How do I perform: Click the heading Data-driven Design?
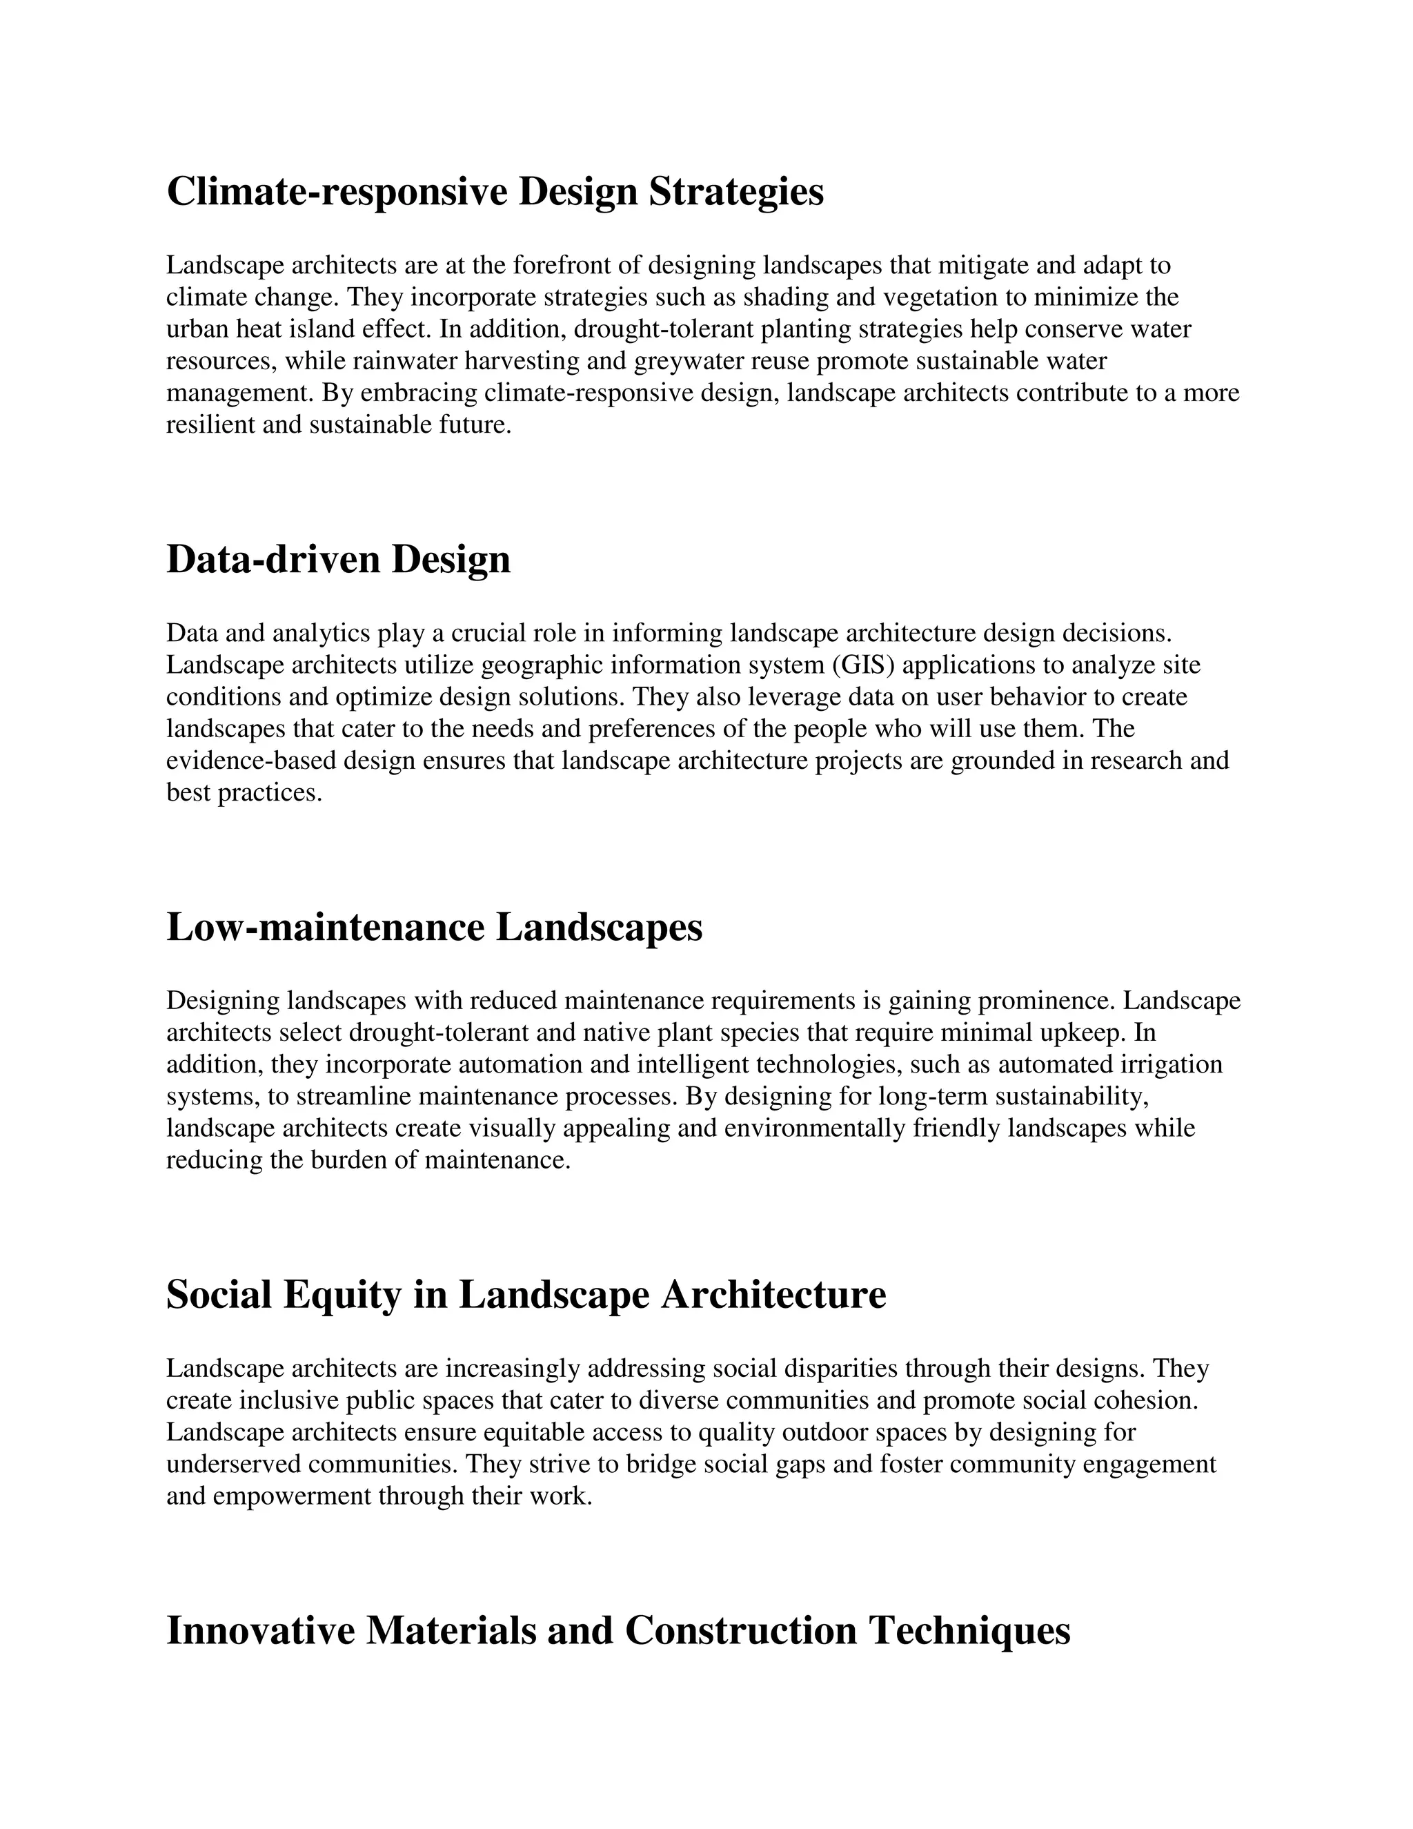(x=338, y=560)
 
